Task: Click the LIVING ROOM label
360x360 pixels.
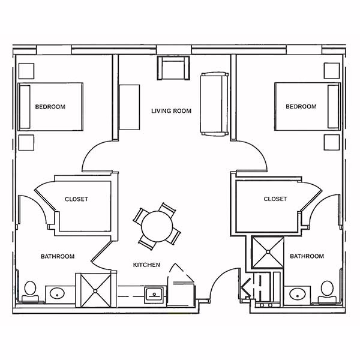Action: (171, 111)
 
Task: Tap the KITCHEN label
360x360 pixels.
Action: (146, 265)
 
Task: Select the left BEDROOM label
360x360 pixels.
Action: (50, 107)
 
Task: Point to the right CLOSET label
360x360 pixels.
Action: (275, 199)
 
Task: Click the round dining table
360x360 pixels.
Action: (157, 226)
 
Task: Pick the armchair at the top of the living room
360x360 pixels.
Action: (173, 68)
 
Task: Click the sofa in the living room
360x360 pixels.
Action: (214, 104)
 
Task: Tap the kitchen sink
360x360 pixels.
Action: (154, 295)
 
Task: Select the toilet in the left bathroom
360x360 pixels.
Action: (31, 292)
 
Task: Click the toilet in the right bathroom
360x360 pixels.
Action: (327, 292)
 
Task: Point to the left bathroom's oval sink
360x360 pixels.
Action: (57, 293)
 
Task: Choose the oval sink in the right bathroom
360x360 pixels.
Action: (298, 294)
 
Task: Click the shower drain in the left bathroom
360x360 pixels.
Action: (95, 291)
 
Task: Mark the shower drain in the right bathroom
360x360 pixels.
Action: (268, 252)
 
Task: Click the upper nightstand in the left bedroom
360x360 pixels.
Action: (26, 71)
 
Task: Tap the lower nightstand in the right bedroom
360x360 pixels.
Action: (332, 142)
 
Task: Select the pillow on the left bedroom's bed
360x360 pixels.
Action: (25, 107)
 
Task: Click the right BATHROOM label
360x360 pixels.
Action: (307, 256)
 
